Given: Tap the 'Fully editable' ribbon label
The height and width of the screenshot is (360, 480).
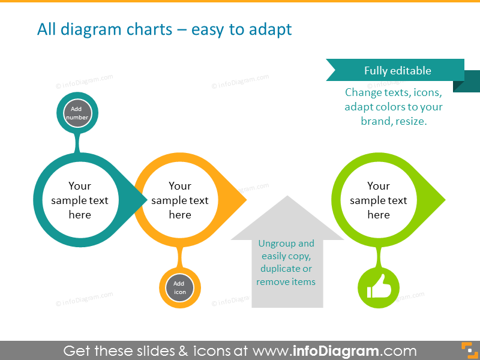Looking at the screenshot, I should coord(397,70).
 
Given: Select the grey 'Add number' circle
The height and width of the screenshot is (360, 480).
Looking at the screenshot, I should coord(77,113).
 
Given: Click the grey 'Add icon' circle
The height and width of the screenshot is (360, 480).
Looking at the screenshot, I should coord(179,288).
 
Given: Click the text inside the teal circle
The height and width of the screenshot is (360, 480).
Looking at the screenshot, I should coord(80,200).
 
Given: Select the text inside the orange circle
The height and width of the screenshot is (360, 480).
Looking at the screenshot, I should coord(180,200).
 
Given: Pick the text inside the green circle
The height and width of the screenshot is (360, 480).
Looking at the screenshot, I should coord(379,200).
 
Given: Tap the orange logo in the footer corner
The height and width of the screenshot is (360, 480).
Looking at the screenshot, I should coord(467,350).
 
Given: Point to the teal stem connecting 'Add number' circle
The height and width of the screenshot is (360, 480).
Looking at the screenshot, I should coord(77,143).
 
